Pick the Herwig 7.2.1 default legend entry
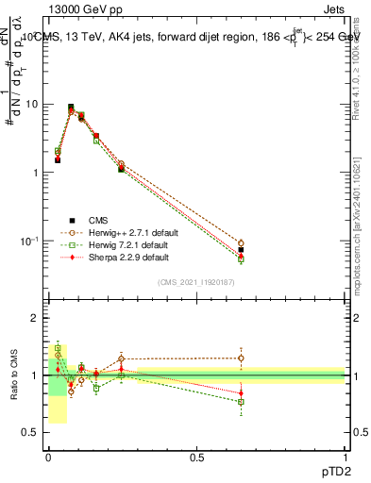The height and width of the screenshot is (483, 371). point(126,244)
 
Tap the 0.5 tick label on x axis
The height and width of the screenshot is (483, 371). point(196,457)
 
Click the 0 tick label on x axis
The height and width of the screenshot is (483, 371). point(48,457)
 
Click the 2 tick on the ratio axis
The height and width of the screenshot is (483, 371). point(36,318)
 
